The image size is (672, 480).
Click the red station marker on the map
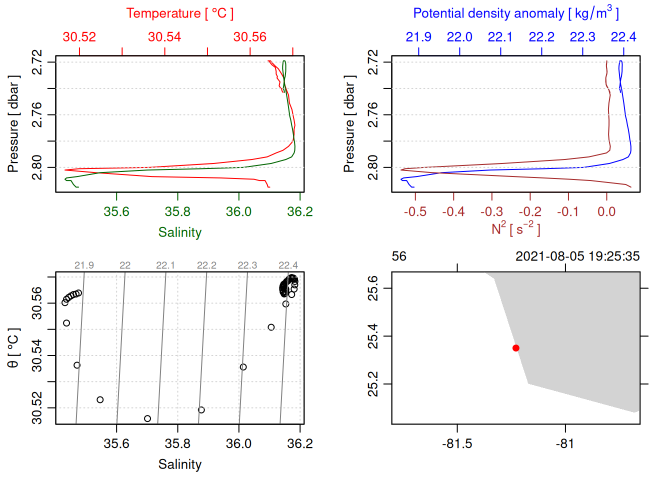tap(516, 348)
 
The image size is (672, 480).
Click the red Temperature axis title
tap(179, 13)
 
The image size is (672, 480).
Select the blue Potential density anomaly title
tap(515, 13)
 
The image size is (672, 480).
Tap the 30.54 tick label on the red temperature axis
tap(164, 37)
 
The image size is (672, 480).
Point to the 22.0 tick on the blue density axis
tap(459, 37)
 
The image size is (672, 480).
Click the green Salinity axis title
tap(179, 232)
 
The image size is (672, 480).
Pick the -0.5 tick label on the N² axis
tap(415, 212)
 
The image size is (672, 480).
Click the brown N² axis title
tap(515, 229)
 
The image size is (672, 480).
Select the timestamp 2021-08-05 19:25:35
tap(577, 256)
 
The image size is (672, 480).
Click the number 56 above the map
tap(399, 256)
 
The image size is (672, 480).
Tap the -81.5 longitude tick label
tap(457, 444)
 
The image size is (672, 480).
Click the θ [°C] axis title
tap(13, 348)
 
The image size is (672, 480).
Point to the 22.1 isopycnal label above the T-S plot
tap(165, 265)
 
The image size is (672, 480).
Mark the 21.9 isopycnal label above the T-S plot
tap(84, 265)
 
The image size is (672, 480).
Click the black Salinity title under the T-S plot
tap(179, 464)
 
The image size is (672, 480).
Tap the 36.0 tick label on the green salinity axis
tap(238, 212)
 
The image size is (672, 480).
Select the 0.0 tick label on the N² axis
tap(606, 212)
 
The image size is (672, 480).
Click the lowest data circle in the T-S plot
tap(147, 418)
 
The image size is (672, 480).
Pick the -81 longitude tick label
tap(565, 444)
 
